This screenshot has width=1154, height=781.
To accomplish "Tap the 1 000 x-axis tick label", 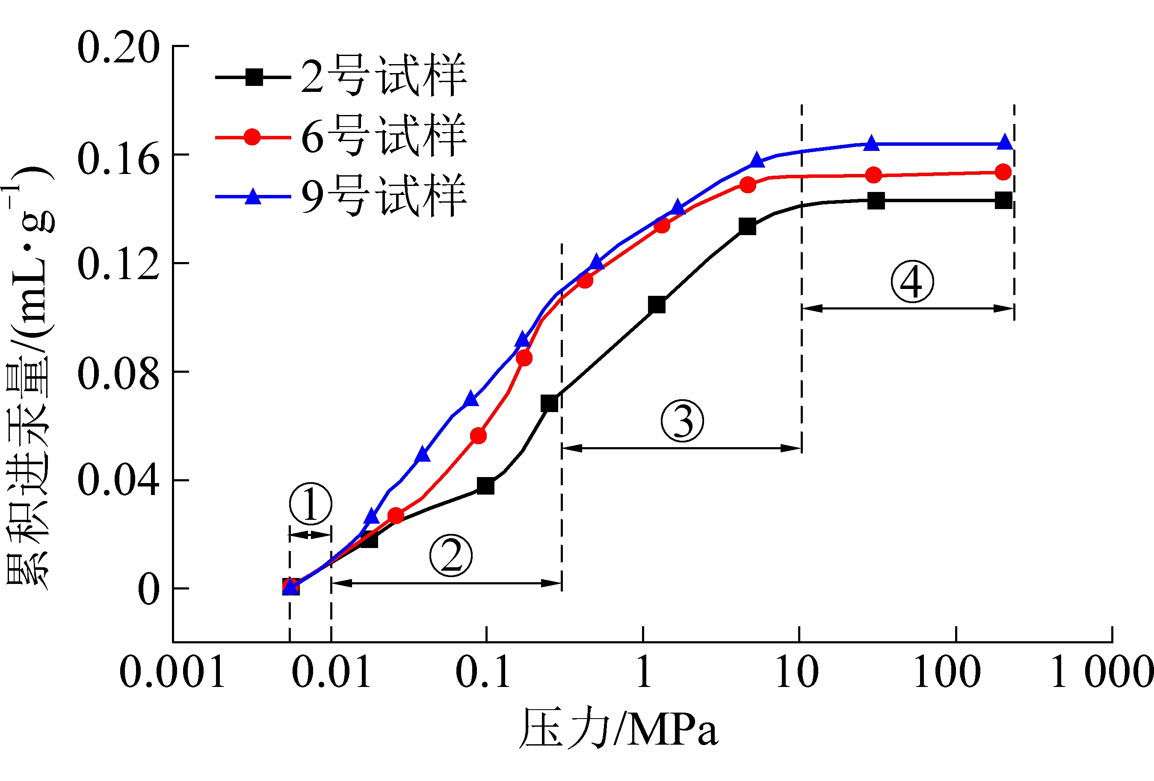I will [x=1101, y=672].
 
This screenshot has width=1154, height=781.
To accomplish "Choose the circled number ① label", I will [x=311, y=504].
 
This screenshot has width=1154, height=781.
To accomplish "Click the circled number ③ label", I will [x=682, y=421].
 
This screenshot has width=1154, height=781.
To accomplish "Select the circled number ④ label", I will [x=911, y=281].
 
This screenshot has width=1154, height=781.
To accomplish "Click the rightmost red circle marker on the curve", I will [x=1003, y=172].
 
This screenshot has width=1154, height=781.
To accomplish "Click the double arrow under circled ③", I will [x=681, y=448].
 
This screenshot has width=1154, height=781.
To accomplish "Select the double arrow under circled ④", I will [x=907, y=309].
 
